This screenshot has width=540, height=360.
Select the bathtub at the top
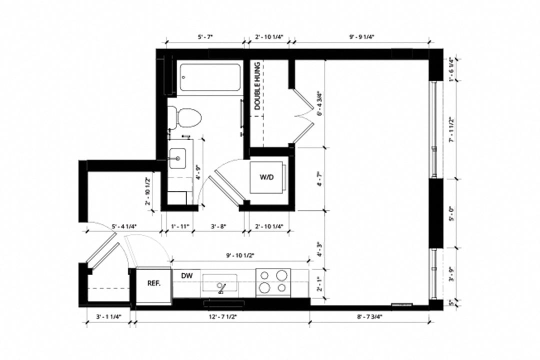(x=209, y=77)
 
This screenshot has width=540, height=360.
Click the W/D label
(x=266, y=177)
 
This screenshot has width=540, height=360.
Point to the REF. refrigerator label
(x=153, y=283)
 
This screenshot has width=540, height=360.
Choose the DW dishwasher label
(x=186, y=275)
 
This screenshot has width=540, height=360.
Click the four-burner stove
(x=273, y=281)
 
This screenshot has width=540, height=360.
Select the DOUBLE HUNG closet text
(x=257, y=85)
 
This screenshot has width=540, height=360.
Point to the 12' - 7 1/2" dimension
(x=222, y=316)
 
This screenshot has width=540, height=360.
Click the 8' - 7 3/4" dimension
(x=370, y=316)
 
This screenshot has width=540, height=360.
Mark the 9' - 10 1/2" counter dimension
(x=240, y=255)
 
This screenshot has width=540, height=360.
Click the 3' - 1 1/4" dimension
(x=108, y=316)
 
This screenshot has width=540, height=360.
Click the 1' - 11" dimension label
(x=178, y=226)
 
